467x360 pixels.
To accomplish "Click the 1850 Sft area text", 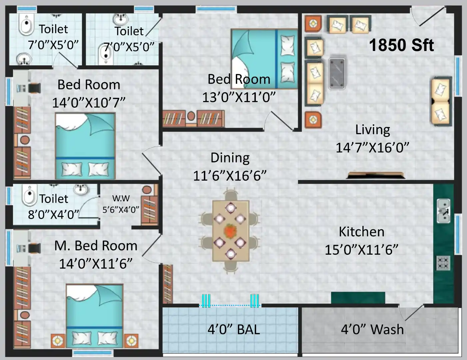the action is [401, 45].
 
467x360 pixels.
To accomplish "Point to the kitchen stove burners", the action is [443, 263].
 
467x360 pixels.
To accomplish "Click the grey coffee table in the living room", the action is [337, 74].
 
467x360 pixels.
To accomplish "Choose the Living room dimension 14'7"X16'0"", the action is [372, 148].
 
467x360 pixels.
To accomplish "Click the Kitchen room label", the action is [361, 232].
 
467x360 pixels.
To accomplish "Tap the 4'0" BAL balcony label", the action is [233, 329].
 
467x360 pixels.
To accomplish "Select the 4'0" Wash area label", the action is [372, 329].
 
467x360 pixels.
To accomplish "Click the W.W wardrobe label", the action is [121, 198].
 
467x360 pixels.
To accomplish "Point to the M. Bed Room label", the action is [96, 246].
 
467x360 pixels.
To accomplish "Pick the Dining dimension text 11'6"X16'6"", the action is [230, 176].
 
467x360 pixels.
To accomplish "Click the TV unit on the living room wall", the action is [375, 175].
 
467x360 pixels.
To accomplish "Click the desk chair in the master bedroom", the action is [34, 248].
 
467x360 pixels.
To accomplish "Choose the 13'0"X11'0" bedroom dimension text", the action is [239, 97].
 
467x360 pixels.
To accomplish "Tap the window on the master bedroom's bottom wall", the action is [92, 353].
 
